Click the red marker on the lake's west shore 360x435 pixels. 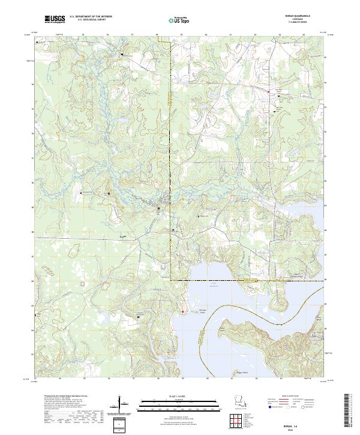(183, 311)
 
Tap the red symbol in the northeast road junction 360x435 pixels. (268, 91)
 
